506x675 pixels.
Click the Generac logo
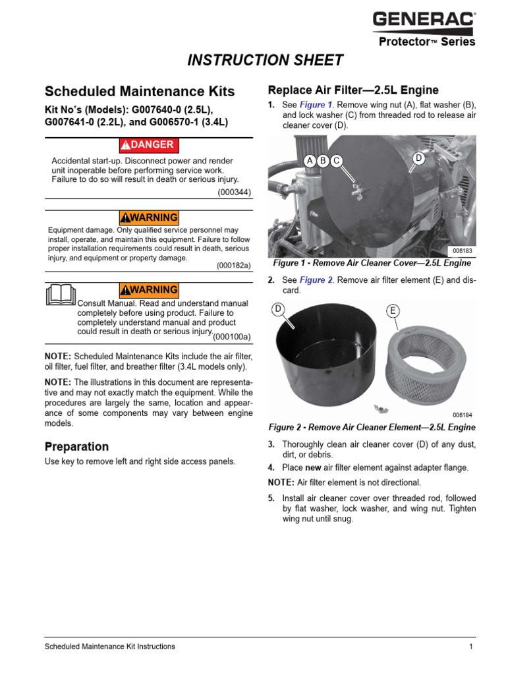click(424, 20)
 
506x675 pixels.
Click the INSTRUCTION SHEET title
click(266, 61)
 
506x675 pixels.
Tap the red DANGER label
click(148, 145)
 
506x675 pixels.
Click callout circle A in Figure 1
click(310, 160)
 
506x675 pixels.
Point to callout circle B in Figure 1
click(323, 160)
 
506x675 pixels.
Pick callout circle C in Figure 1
click(336, 160)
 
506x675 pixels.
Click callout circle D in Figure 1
click(418, 158)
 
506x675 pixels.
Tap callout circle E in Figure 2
click(393, 310)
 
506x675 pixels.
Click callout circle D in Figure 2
click(278, 308)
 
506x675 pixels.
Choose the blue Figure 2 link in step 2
click(316, 280)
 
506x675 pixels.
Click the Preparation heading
click(76, 446)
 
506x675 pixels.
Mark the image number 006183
click(463, 251)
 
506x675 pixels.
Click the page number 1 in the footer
click(471, 647)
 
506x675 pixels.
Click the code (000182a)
click(234, 266)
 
